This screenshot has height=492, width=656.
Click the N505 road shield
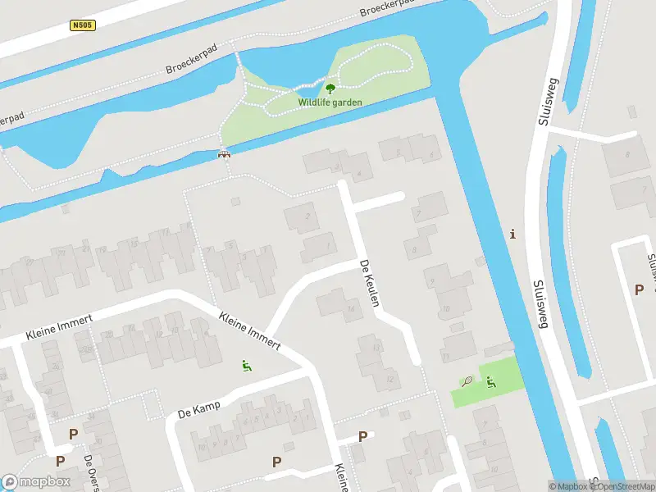click(84, 25)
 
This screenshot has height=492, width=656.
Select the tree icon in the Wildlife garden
click(330, 89)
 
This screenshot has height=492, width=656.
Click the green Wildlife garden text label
click(330, 102)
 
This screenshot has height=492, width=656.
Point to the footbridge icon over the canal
click(223, 153)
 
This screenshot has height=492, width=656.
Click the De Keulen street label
click(370, 284)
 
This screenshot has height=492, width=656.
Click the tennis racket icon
click(467, 381)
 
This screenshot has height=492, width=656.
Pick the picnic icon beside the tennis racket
click(490, 381)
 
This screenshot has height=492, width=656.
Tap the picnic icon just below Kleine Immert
click(245, 365)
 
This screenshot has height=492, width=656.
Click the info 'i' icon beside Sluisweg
click(513, 235)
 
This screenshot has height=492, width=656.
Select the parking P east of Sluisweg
click(639, 289)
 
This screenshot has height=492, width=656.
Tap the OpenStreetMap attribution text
click(623, 486)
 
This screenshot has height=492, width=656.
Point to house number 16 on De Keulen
click(350, 309)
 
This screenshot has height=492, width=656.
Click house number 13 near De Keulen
click(376, 348)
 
